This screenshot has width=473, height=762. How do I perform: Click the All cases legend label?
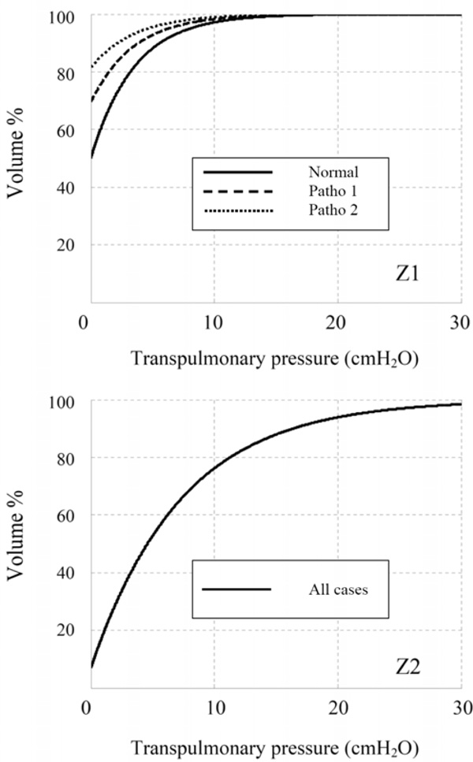[338, 589]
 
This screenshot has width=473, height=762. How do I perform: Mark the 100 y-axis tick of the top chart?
[66, 17]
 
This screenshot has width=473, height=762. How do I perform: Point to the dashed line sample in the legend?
[237, 191]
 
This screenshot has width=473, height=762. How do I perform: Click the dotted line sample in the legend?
[237, 211]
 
